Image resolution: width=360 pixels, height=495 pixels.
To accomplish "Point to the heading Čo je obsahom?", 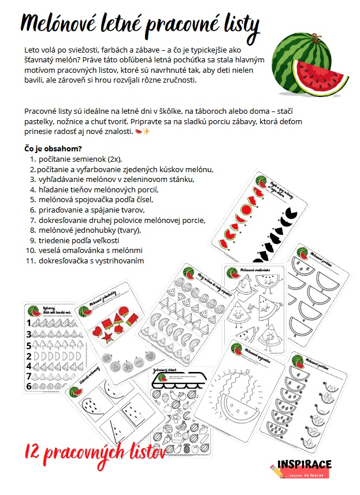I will coord(53,148).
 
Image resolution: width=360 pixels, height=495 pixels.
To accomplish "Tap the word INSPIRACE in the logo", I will coord(305,464).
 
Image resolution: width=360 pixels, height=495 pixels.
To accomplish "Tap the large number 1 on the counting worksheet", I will coord(28,323).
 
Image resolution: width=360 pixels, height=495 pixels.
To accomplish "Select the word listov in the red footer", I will coord(145,451).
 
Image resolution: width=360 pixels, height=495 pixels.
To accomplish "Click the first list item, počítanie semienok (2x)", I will coord(80,158).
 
